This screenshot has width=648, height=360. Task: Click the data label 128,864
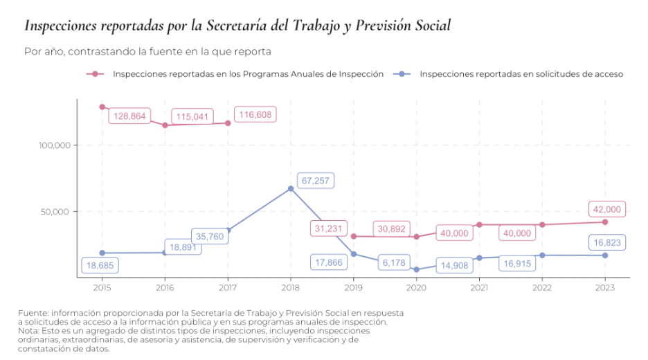coord(129,116)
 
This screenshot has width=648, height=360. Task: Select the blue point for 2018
coord(291,188)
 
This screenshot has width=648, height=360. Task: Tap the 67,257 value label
coord(316,181)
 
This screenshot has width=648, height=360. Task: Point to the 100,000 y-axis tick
coord(55,145)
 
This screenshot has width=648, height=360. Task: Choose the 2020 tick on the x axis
coord(416,287)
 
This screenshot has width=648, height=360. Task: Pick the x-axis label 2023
coord(605,287)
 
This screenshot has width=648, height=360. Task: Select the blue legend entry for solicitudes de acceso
coord(521,73)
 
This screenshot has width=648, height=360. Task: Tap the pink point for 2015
coord(102,107)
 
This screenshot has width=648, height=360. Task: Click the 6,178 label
coord(393,263)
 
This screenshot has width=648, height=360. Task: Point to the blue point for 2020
coord(417,269)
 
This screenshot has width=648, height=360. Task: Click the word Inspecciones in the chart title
coord(60,26)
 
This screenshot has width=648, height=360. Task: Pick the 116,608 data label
coord(255,114)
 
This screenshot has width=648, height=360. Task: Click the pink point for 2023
coord(605,222)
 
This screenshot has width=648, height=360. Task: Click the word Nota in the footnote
coord(29,331)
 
